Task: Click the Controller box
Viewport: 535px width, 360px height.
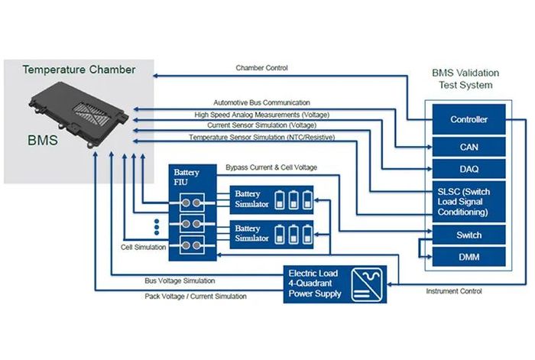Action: [469, 119]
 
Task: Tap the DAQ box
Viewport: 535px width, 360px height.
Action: [469, 168]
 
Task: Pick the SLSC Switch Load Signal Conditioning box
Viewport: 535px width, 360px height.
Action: [469, 200]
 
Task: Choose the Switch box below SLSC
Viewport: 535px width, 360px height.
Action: [469, 235]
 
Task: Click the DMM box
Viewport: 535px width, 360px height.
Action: [469, 258]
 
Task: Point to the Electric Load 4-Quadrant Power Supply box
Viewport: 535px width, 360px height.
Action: [335, 282]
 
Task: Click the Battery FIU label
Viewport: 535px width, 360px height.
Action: [186, 177]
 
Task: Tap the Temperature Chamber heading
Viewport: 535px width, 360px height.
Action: [79, 70]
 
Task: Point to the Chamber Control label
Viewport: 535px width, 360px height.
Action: [261, 69]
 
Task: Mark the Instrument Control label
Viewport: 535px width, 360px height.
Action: [454, 291]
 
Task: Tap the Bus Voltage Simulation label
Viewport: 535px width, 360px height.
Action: [180, 281]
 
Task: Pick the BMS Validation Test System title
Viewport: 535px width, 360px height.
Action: [468, 79]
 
